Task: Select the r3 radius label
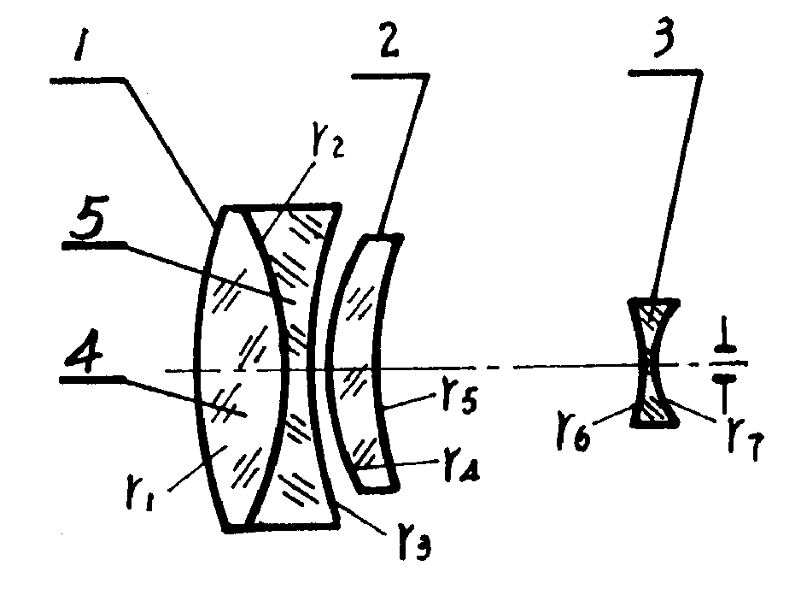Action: [x=415, y=545]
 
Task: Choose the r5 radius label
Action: [x=459, y=397]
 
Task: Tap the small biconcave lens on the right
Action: [x=653, y=362]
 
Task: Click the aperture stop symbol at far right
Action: [x=724, y=365]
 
